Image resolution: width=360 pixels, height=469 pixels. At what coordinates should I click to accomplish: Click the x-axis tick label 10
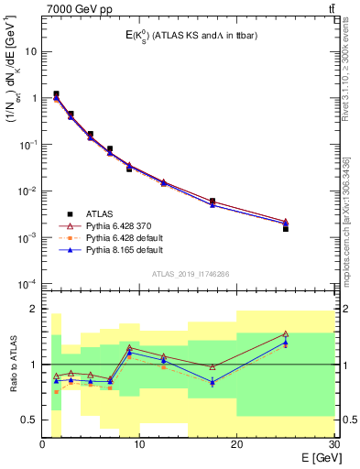(x=139, y=445)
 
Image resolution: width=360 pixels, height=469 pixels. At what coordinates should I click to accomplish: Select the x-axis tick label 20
(x=236, y=445)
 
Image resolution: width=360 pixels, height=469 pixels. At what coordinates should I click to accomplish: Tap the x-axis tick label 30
(x=333, y=445)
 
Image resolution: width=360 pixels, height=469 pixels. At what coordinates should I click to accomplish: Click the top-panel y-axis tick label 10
(x=32, y=52)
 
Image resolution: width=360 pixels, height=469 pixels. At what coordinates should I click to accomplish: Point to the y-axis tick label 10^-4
(x=30, y=283)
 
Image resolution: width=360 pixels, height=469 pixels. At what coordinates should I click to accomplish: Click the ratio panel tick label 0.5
(x=30, y=420)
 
